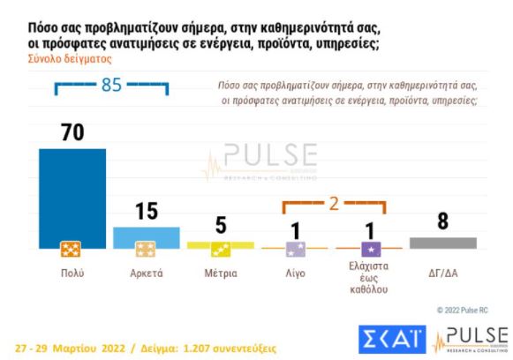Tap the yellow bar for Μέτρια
coord(220,244)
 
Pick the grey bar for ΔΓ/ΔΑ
coord(442,243)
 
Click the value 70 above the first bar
coord(72,132)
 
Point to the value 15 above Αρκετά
coord(146,212)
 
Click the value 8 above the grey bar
coord(442,222)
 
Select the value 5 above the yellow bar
coord(220,227)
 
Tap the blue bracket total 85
coord(110,86)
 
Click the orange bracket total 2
coord(334,203)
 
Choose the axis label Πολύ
coord(72,272)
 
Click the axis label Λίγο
coord(294,272)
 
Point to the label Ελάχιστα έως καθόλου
coord(369,279)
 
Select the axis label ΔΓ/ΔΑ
coord(442,272)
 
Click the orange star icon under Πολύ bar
coord(72,250)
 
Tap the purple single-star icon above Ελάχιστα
coord(371,249)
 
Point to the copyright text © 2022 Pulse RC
coord(463,311)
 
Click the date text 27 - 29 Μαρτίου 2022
coord(72,348)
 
